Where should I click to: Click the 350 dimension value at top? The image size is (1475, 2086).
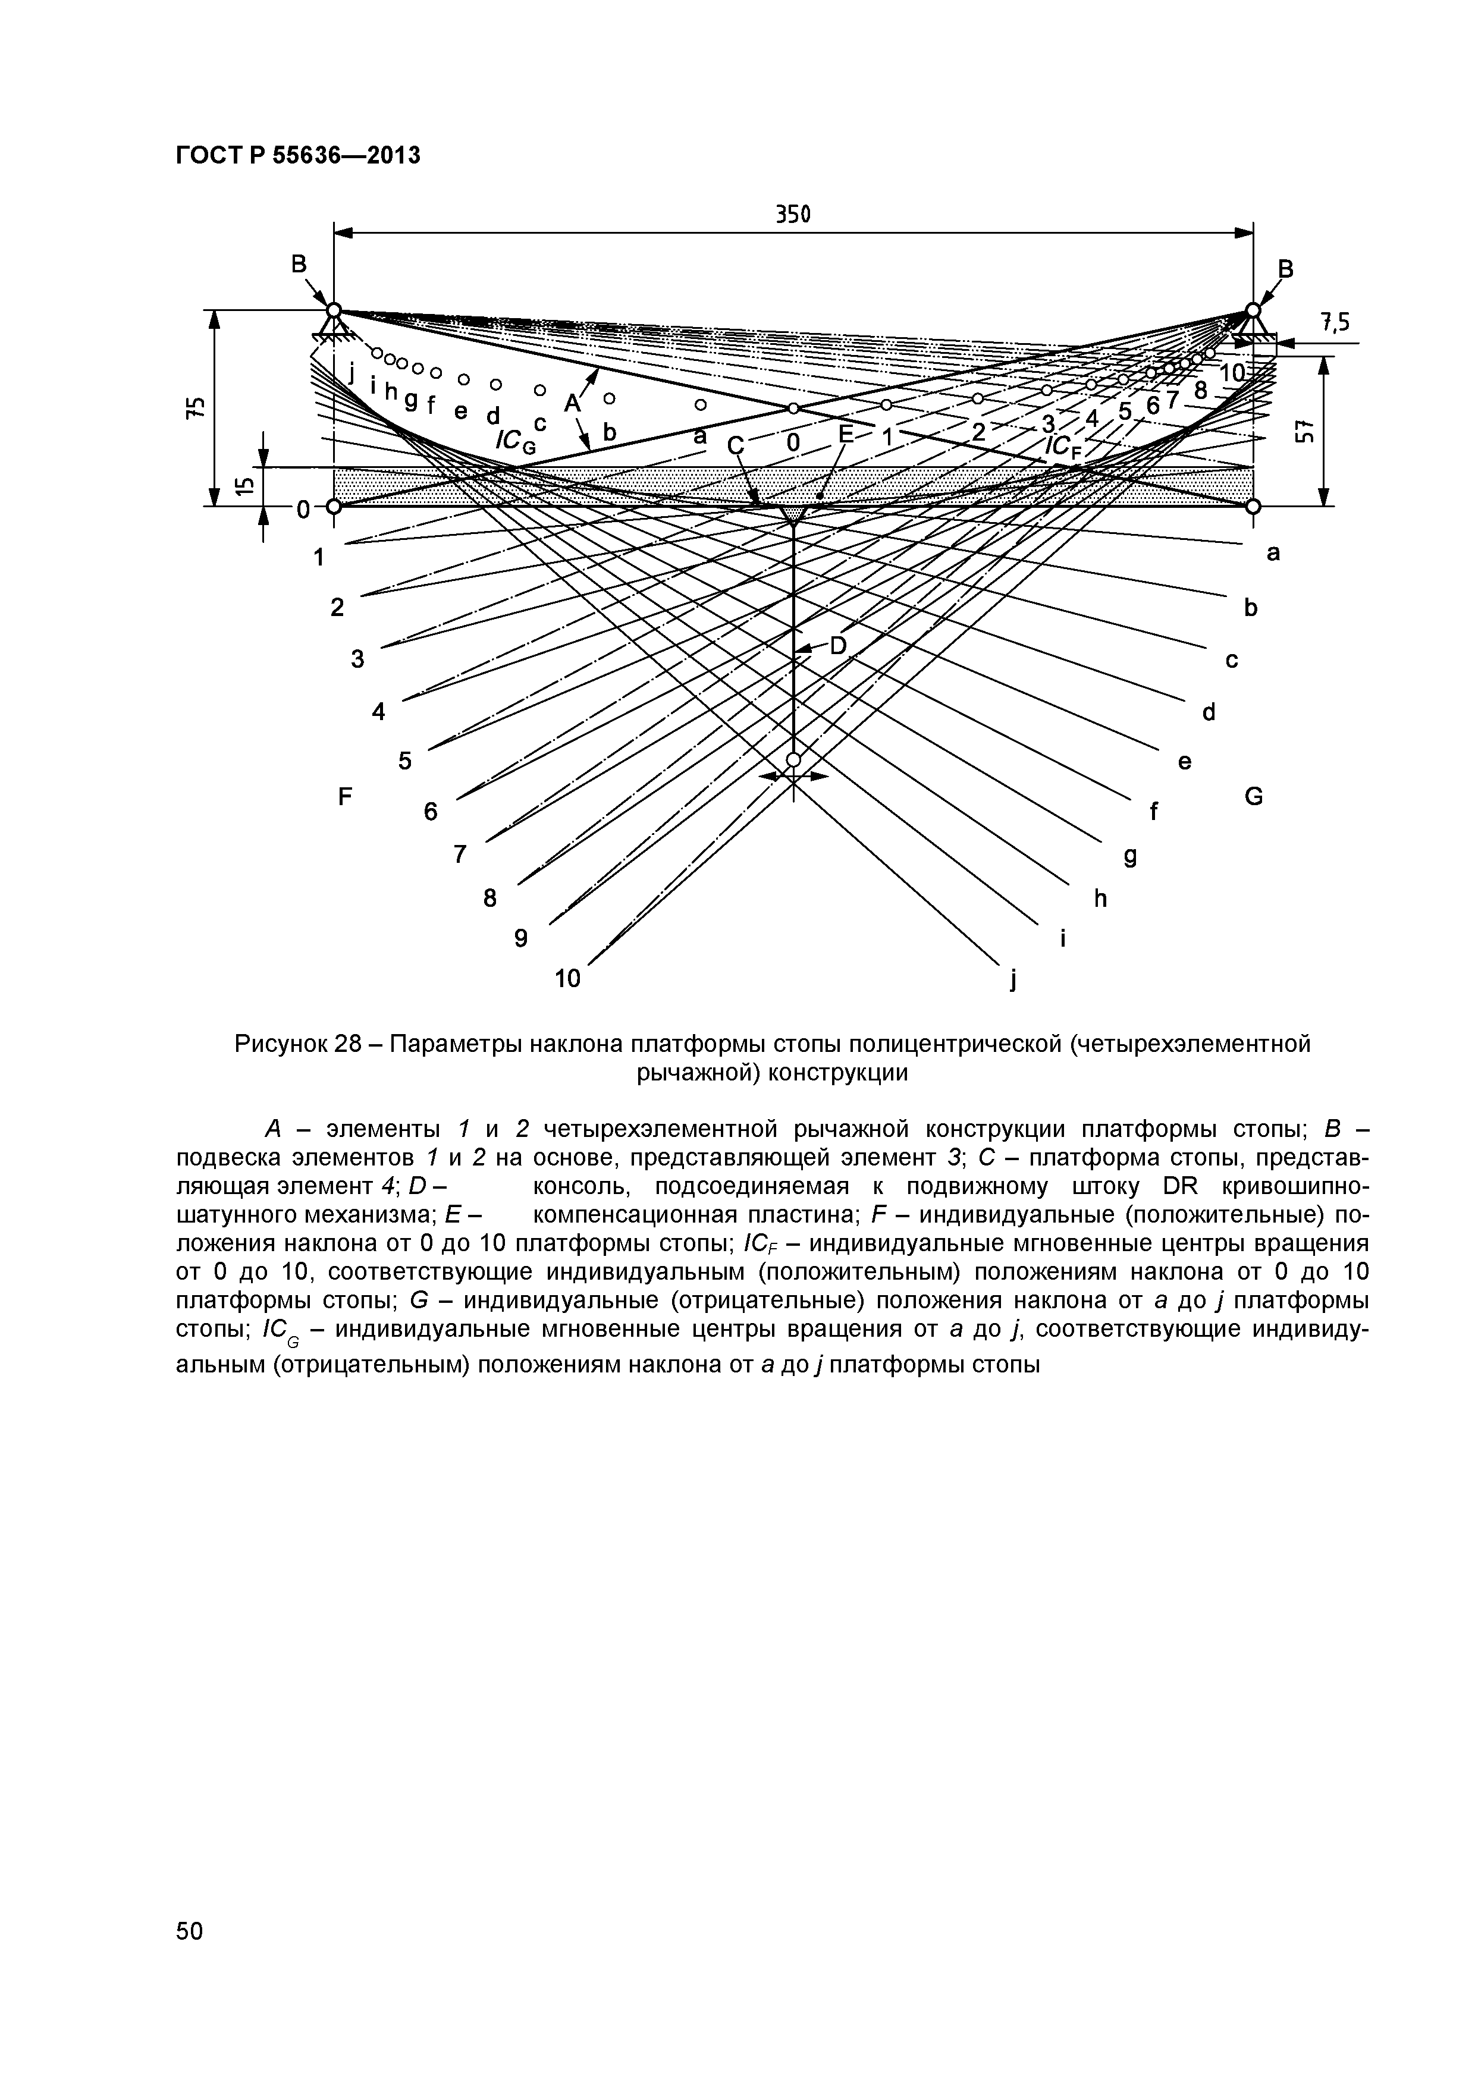[x=792, y=215]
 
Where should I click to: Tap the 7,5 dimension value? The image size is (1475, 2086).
[x=1335, y=322]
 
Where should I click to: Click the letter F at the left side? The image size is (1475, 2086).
[x=344, y=797]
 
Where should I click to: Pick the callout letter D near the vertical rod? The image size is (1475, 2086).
[x=837, y=645]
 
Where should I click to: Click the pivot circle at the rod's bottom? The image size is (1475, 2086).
[x=793, y=759]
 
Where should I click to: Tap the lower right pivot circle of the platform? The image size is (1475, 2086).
[x=1253, y=506]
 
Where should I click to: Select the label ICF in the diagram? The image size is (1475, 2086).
[x=1064, y=446]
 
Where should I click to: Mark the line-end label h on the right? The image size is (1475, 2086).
[x=1100, y=899]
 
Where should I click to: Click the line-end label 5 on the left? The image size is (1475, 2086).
[x=404, y=761]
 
